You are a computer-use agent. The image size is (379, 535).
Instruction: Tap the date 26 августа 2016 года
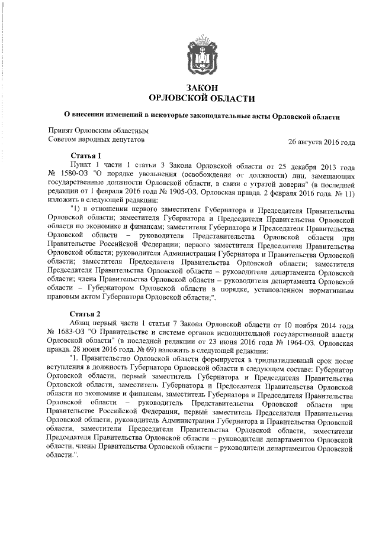[x=321, y=142]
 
